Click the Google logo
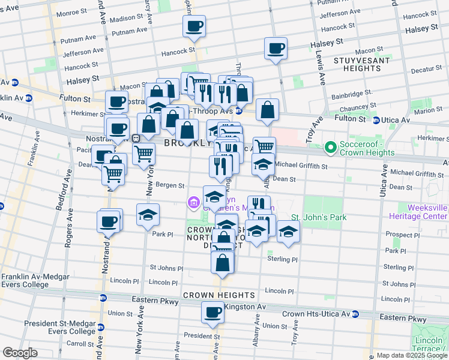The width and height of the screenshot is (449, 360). [19, 353]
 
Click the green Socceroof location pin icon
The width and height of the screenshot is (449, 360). [330, 146]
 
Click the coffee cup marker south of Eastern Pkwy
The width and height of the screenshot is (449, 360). [212, 312]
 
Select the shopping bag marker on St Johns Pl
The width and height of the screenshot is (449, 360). [223, 262]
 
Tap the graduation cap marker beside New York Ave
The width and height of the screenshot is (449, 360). [147, 214]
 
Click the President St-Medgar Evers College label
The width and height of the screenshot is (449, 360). [60, 328]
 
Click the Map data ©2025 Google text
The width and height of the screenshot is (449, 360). [411, 355]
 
